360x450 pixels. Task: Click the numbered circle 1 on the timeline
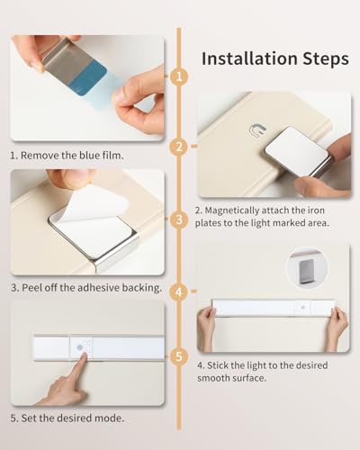[179, 77]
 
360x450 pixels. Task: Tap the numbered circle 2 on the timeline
[179, 147]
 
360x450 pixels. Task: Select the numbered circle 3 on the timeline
[179, 220]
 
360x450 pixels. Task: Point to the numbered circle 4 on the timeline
[179, 292]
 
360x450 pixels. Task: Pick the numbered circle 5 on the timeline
[179, 356]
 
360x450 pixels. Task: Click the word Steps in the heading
[326, 59]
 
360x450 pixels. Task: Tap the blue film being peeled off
[87, 78]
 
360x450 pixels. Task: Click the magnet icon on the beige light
[257, 130]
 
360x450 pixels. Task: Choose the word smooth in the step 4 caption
[212, 378]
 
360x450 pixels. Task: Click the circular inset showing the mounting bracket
[307, 268]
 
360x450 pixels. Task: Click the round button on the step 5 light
[80, 347]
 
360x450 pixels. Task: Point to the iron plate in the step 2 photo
[298, 153]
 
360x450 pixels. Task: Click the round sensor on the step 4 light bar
[302, 307]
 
